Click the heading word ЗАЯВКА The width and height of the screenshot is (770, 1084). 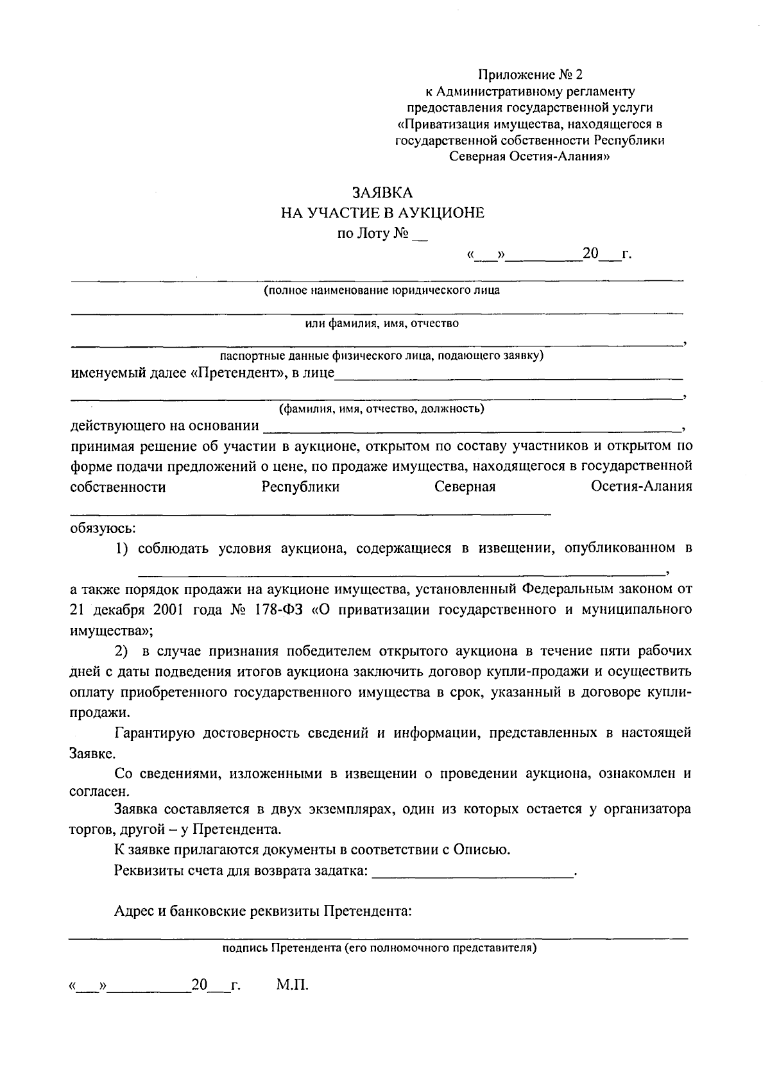382,193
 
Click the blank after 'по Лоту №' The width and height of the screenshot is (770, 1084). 420,236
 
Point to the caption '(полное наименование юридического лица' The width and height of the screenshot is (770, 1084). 382,291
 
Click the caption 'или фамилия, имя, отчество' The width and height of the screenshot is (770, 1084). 382,323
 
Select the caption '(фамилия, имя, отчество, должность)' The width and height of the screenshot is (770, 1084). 381,409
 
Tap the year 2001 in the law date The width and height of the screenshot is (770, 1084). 168,609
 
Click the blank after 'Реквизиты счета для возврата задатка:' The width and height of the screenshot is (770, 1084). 473,872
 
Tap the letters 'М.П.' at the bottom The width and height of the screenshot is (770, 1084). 293,985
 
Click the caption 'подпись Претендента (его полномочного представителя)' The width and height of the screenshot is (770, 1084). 379,947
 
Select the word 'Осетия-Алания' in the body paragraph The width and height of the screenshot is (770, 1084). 641,487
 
